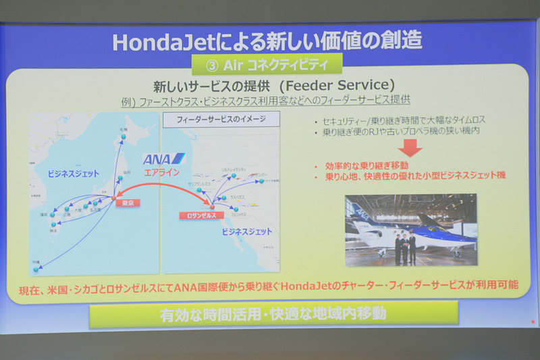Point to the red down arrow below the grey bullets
(x=411, y=147)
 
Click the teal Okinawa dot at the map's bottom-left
(x=36, y=269)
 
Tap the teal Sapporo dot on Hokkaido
(x=124, y=137)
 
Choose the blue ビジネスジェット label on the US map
(x=248, y=231)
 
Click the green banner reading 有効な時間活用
(x=273, y=315)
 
